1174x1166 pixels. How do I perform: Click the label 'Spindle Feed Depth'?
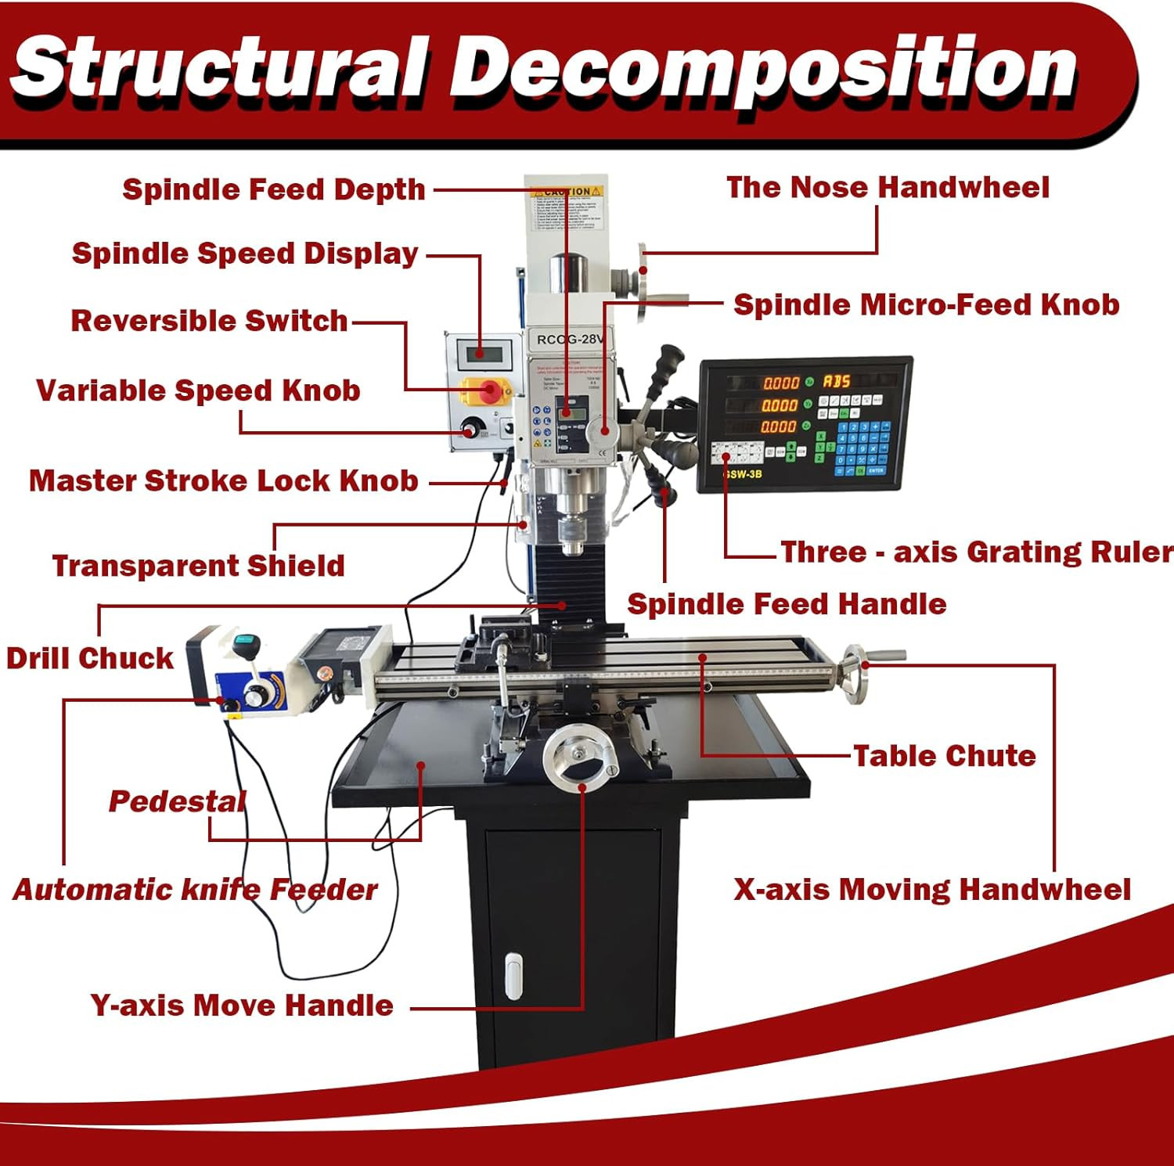tap(273, 189)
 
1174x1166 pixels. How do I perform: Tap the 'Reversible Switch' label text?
tap(209, 321)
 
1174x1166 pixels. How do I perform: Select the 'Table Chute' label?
tap(944, 756)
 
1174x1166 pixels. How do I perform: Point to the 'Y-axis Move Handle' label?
tap(241, 1006)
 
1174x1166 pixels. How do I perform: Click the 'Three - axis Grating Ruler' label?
tap(976, 552)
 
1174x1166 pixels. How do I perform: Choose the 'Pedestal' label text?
tap(177, 801)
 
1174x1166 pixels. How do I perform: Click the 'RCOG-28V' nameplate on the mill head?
tap(570, 340)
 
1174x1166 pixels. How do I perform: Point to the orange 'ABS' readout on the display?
tap(836, 381)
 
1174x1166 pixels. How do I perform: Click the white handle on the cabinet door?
tap(513, 976)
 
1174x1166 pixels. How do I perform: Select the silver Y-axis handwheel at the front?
tap(581, 756)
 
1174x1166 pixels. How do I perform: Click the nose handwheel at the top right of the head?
tap(643, 283)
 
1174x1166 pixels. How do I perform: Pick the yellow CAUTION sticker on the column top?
tap(567, 192)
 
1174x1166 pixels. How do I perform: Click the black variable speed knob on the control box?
tap(471, 429)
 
